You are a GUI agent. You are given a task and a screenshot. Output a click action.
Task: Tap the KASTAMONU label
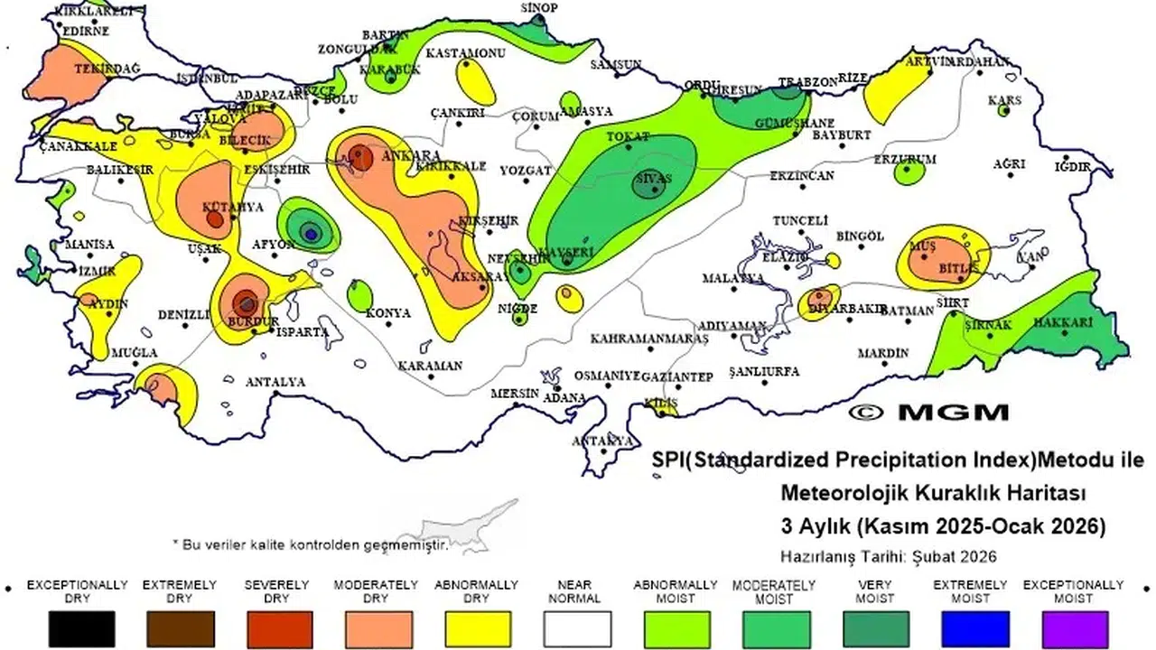[x=466, y=53]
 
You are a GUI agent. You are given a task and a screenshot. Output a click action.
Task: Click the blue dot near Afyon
[x=310, y=233]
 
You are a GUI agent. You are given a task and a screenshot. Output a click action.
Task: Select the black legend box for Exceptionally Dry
[x=81, y=628]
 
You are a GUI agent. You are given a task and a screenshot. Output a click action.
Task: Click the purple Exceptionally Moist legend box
[x=1074, y=628]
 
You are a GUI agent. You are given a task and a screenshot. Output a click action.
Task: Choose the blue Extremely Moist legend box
[x=974, y=628]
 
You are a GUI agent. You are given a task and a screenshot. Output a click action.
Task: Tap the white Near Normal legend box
[x=577, y=628]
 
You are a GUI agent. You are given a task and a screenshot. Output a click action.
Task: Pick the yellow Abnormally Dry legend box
[x=478, y=628]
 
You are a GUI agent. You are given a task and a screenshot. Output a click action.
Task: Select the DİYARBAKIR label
[x=847, y=308]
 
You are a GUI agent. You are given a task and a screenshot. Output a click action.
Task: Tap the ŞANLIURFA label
[x=764, y=372]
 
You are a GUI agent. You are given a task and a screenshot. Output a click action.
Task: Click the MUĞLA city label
[x=135, y=352]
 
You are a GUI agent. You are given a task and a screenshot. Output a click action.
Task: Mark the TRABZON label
[x=808, y=82]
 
